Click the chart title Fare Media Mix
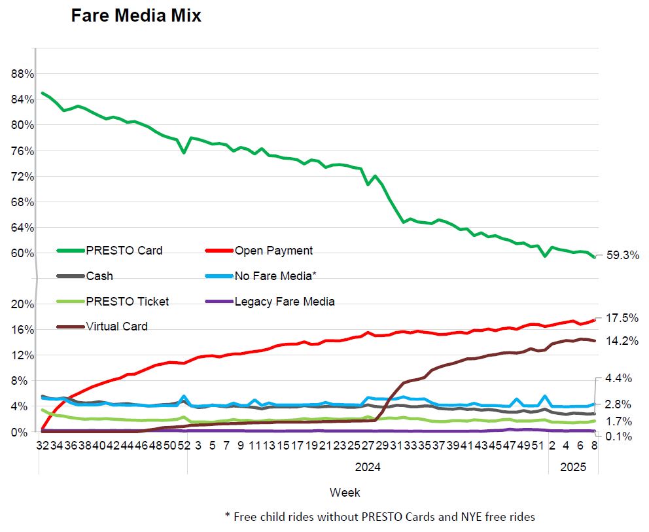point(136,16)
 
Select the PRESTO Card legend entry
point(124,251)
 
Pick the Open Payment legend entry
point(273,251)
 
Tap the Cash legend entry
point(99,276)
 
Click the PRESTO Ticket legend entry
point(128,302)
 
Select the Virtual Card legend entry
point(117,327)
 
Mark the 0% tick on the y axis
point(26,433)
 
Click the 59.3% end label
point(622,256)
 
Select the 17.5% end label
point(622,318)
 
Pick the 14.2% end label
point(622,341)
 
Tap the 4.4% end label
point(619,378)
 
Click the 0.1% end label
point(619,436)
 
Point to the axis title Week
point(345,492)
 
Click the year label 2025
point(573,467)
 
